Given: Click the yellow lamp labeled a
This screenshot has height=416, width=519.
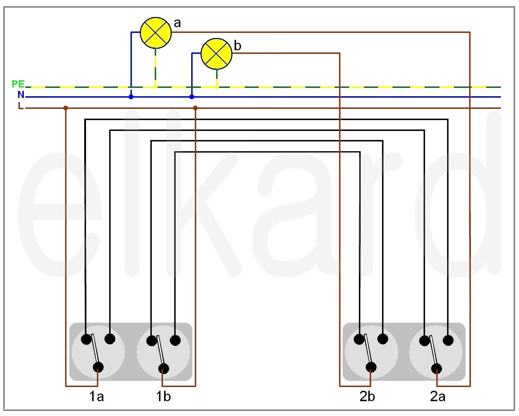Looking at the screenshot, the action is point(156,33).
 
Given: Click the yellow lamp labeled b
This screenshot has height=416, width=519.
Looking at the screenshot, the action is point(216,54).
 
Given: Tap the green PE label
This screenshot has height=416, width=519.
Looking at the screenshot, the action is point(18,84).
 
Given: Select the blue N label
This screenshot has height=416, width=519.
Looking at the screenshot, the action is point(21,95).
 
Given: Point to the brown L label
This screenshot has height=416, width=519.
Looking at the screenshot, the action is point(21,106).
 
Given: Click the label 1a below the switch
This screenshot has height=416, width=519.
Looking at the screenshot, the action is point(96,396).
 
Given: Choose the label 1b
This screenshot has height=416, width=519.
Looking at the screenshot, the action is point(163,396).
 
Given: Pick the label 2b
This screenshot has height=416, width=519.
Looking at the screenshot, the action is point(367,396).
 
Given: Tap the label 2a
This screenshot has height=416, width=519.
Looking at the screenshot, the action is point(438,396).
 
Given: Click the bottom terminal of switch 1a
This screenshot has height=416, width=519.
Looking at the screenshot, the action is point(98,368).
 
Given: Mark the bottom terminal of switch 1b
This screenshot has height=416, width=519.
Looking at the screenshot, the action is point(164,369).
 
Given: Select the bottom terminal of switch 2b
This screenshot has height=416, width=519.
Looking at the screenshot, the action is point(371,368).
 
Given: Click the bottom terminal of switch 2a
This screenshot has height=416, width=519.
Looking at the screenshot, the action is point(437,369).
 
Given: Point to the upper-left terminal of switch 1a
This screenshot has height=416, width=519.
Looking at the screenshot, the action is point(86,339).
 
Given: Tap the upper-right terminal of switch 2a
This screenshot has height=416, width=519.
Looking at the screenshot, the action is point(448,340).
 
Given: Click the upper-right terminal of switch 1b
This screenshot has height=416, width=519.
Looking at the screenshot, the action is point(175,340).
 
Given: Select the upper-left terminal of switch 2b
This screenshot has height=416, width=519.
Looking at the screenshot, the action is point(359,339).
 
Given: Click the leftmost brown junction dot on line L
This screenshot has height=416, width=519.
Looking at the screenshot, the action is point(66,108).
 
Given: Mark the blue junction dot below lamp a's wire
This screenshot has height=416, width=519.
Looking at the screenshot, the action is point(131,97).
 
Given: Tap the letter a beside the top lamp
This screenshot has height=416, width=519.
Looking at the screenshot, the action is point(177,23).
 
